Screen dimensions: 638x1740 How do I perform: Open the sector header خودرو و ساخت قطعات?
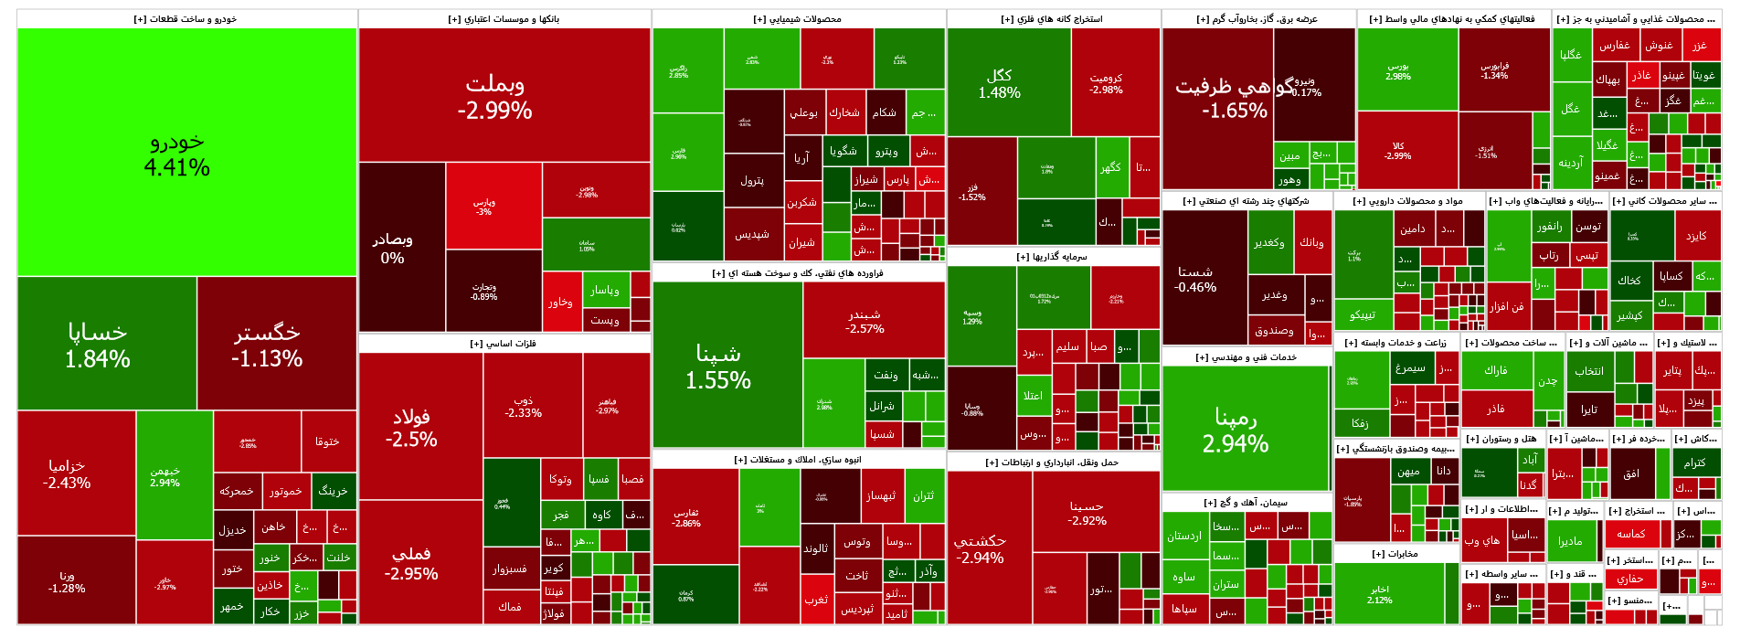click(186, 18)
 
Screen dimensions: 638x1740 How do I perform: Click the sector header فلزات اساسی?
click(504, 344)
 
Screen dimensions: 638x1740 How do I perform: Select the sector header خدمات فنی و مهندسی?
click(1246, 357)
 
